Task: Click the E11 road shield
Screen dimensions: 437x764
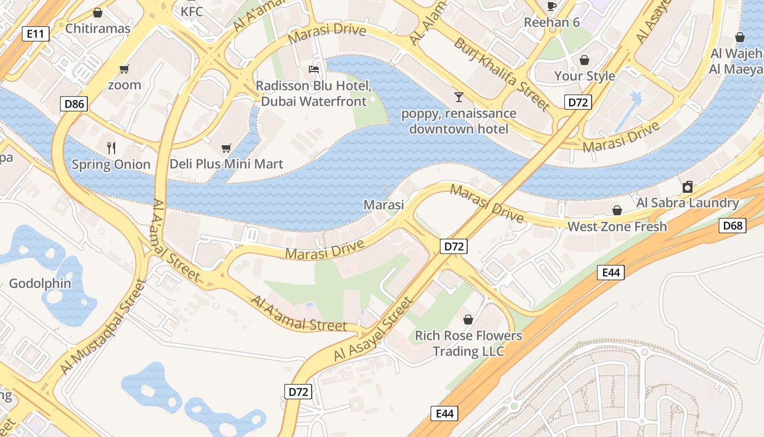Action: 35,34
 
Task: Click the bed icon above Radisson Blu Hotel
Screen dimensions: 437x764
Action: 314,69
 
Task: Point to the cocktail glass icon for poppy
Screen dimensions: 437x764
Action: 458,97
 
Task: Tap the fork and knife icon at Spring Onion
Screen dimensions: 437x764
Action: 111,147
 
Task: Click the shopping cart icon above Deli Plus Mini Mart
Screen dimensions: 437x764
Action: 226,148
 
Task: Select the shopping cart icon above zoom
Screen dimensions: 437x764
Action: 124,69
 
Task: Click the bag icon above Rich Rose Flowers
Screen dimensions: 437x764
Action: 468,319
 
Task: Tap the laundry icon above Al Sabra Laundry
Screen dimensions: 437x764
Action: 688,187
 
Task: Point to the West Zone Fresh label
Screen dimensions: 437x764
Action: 617,226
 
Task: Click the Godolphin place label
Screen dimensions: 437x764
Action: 40,284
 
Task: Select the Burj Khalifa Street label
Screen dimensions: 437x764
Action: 502,74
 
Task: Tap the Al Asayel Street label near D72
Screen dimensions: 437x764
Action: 374,329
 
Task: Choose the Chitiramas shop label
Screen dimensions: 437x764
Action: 98,28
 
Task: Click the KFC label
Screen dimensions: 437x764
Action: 192,11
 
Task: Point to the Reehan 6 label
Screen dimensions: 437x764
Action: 552,22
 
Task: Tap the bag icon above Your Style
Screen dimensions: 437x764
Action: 584,60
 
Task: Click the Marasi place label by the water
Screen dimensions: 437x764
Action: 384,205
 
